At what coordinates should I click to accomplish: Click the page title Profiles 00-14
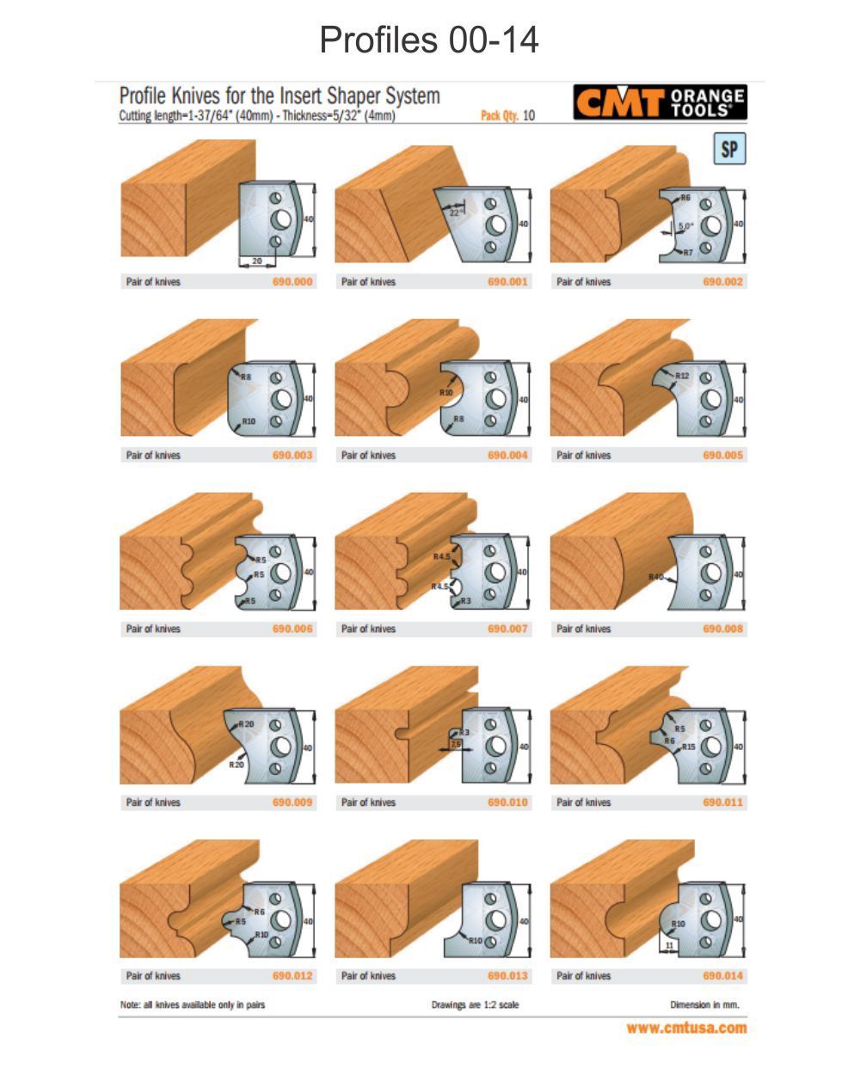coord(429,40)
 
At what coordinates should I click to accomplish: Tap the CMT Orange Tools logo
coord(660,103)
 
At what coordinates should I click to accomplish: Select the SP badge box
coord(728,150)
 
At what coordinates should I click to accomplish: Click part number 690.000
coord(292,281)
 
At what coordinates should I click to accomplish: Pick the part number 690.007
coord(507,629)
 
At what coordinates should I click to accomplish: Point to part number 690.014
coord(722,976)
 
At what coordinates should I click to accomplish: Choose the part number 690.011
coord(722,802)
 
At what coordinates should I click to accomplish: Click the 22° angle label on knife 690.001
coord(455,212)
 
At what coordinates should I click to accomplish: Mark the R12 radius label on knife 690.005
coord(682,376)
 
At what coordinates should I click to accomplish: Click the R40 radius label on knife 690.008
coord(656,577)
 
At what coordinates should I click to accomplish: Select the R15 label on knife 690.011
coord(689,747)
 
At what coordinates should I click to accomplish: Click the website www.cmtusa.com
coord(686,1028)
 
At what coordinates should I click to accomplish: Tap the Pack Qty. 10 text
coord(507,116)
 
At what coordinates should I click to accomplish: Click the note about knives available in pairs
coord(193,1004)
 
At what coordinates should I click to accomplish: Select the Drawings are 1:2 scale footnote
coord(475,1004)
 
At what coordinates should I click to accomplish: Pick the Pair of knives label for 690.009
coord(153,802)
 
